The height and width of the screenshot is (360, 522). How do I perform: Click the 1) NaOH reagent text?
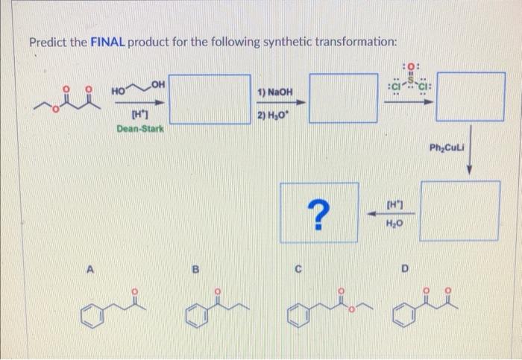(x=269, y=94)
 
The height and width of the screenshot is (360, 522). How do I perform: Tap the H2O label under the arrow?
(x=394, y=223)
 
